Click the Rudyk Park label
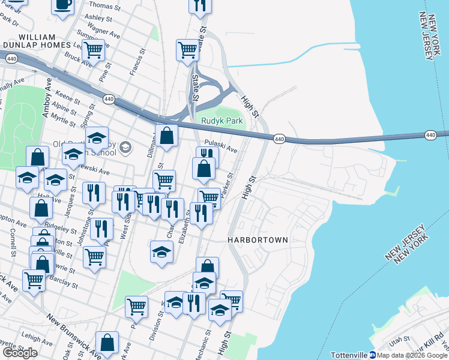pyautogui.click(x=222, y=121)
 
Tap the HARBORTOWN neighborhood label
pyautogui.click(x=258, y=239)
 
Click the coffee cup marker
pyautogui.click(x=62, y=5)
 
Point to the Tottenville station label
pyautogui.click(x=348, y=355)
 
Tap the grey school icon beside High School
pyautogui.click(x=125, y=147)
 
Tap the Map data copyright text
pyautogui.click(x=413, y=355)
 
